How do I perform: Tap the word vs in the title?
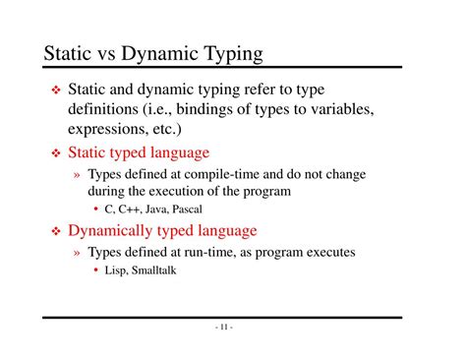click(x=103, y=53)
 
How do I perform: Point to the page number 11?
click(x=223, y=327)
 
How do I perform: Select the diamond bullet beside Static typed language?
click(x=55, y=153)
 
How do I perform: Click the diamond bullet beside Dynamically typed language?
click(x=55, y=232)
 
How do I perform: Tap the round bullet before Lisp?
click(x=96, y=270)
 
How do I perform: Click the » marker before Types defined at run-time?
click(x=77, y=253)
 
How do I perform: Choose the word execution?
click(x=188, y=191)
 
